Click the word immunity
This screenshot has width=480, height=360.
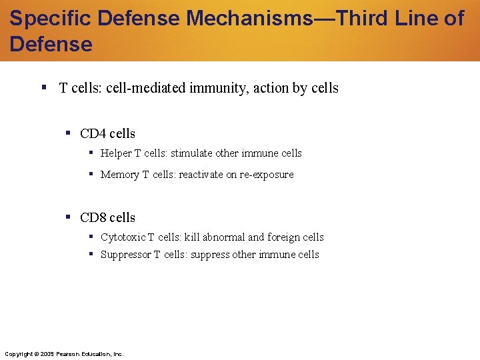click(x=211, y=88)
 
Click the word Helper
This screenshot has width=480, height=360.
click(x=116, y=153)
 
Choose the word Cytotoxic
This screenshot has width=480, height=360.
click(x=123, y=237)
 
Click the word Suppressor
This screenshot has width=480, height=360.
click(x=125, y=255)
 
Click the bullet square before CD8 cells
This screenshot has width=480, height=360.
click(x=69, y=217)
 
